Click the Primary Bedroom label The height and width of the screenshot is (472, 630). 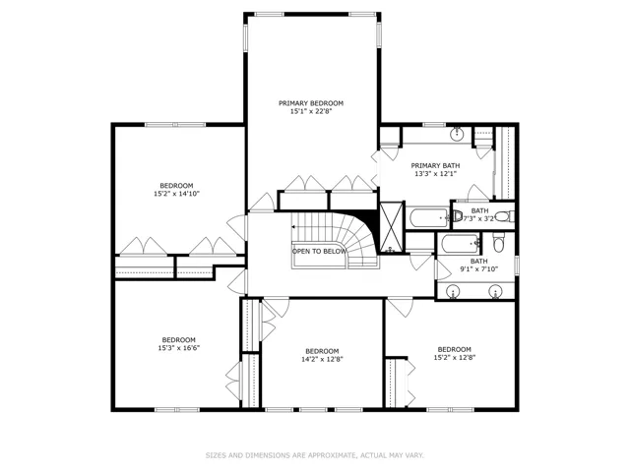[x=311, y=103]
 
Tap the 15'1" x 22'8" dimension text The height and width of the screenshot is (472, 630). [x=311, y=111]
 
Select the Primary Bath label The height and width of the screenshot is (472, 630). [x=435, y=165]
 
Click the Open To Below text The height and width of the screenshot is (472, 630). [x=319, y=252]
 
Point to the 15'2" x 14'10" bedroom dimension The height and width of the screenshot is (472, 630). [x=177, y=194]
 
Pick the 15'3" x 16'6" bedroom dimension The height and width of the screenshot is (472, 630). [x=179, y=348]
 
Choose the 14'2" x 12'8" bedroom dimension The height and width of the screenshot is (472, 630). [x=322, y=359]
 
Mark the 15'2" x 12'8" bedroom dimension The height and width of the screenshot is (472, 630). [x=455, y=358]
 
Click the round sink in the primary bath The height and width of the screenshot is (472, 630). [x=457, y=134]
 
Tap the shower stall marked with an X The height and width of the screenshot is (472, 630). [x=392, y=227]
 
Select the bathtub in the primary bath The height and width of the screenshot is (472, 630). [x=429, y=217]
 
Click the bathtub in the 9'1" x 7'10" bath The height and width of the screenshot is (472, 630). [x=460, y=243]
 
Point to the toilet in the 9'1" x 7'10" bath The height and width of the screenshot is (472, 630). [x=499, y=243]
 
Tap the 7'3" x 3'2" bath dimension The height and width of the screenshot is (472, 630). [x=479, y=219]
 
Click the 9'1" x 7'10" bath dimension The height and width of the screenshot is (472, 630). [x=479, y=269]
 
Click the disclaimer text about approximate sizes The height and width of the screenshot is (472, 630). [x=315, y=455]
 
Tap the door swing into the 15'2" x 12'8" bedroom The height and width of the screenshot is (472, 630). [x=401, y=307]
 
